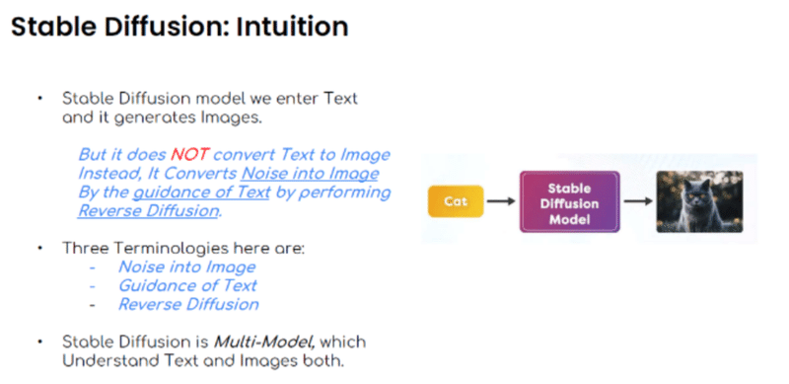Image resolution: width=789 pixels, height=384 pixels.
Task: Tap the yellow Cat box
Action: click(455, 202)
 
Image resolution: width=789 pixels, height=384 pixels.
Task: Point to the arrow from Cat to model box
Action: click(500, 202)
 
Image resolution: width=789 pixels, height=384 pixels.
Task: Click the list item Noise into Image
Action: click(186, 267)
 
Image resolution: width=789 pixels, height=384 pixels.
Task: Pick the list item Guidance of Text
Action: click(187, 285)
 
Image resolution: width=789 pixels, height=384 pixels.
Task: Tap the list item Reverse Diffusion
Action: click(188, 304)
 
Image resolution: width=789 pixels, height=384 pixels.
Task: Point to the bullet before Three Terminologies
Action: click(40, 249)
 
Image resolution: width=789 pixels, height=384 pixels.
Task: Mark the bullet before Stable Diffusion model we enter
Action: click(40, 100)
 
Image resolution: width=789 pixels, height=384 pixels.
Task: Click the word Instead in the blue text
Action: click(108, 173)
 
